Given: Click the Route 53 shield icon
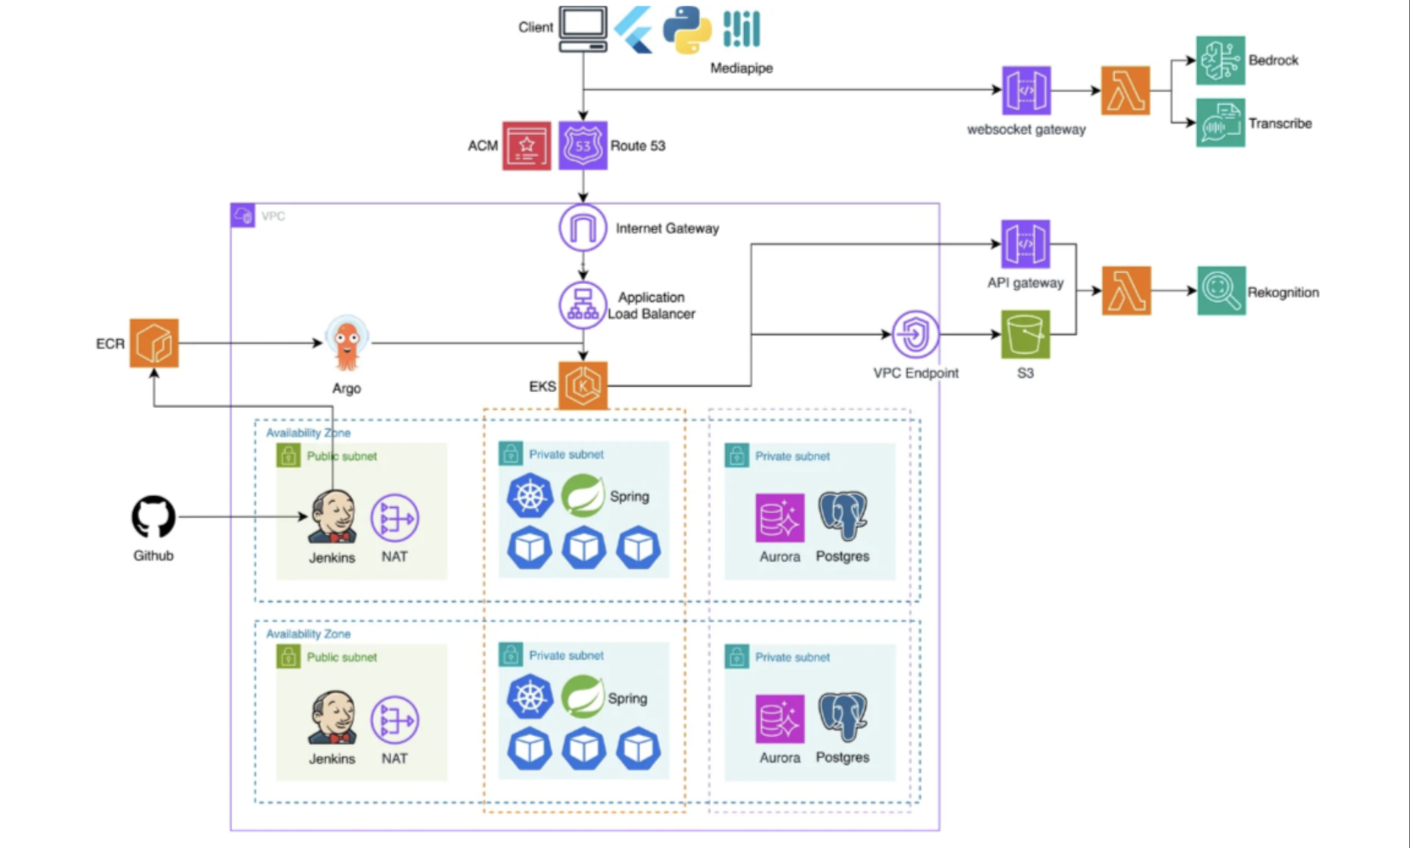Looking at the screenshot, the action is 583,145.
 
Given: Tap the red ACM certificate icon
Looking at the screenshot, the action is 527,146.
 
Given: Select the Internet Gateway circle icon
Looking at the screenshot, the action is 583,228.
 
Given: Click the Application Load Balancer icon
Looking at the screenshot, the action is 583,305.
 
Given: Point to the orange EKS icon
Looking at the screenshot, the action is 583,386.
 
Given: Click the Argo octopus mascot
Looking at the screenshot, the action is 347,344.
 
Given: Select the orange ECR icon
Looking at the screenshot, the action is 154,343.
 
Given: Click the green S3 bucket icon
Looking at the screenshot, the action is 1026,334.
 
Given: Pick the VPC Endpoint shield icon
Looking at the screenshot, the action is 916,334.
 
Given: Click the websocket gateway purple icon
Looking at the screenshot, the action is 1026,91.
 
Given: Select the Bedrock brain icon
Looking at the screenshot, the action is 1221,59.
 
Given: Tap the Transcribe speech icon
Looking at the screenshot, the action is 1221,123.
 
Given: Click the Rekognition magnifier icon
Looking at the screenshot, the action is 1221,291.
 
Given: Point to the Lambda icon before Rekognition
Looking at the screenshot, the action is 1127,291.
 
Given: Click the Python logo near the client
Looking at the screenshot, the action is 687,30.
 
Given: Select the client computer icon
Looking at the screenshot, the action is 583,29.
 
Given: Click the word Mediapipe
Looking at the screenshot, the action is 741,68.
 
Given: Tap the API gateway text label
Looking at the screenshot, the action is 1026,283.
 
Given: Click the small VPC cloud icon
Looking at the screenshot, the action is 243,215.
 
